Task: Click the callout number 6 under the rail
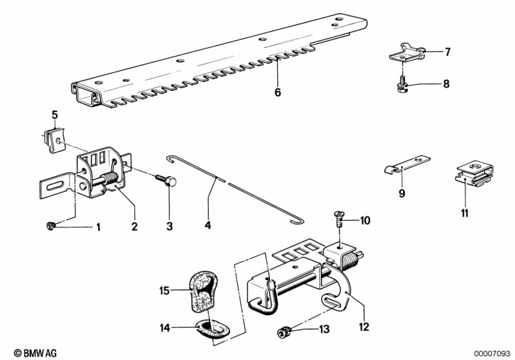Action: [278, 92]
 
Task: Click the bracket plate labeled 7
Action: [405, 51]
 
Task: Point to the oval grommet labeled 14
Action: [209, 328]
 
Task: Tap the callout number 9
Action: [400, 193]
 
